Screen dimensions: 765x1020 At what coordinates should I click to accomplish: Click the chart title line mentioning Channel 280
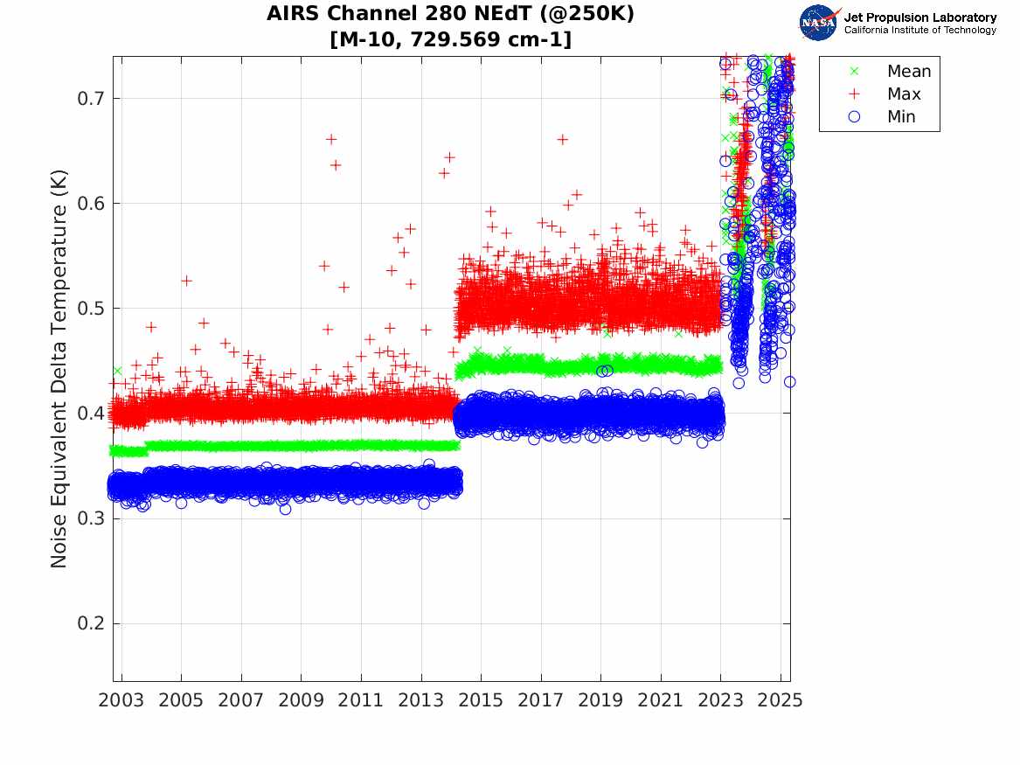point(451,15)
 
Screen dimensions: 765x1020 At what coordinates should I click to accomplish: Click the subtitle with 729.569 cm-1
point(451,39)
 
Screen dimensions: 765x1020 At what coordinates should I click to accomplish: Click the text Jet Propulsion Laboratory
point(919,17)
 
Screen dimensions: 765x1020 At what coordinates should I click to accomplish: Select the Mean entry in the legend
point(908,72)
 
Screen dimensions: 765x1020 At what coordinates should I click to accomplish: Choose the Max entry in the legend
point(903,94)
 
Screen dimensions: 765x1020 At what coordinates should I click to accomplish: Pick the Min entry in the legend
point(901,117)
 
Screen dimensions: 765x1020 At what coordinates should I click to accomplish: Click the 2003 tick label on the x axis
point(121,700)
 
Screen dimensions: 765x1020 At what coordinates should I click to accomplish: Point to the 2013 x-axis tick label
point(421,700)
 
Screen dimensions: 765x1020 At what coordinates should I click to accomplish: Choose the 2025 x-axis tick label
point(781,700)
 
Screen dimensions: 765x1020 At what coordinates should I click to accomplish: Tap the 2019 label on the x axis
point(601,700)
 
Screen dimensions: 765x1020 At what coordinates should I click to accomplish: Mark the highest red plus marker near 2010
point(331,139)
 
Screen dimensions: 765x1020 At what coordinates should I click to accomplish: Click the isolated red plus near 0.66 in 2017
point(562,139)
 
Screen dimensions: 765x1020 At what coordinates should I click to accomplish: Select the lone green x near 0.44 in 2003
point(117,371)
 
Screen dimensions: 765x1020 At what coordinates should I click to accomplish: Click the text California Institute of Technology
point(919,31)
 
